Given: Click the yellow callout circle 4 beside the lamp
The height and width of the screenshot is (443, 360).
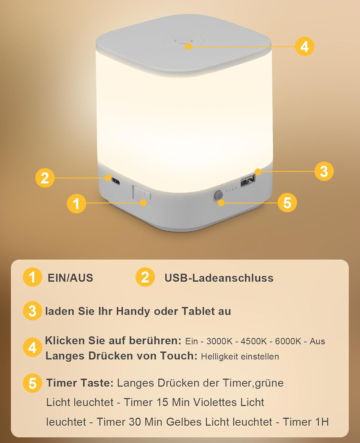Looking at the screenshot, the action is pos(304,47).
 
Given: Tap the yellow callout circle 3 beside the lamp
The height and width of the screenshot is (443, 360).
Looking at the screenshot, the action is pos(324,171).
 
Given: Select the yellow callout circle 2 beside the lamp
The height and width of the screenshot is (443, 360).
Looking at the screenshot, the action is pos(45,178).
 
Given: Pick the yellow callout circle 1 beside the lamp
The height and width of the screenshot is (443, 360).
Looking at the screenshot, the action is pos(76,203).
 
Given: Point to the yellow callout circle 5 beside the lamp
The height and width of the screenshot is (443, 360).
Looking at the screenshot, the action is pos(287,203).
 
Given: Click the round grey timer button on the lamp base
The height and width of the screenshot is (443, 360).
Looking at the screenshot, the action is pos(218,195).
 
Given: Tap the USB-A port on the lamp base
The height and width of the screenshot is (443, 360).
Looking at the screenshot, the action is pos(248,181).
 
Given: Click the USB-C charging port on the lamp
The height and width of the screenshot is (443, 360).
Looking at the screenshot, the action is pos(115,181).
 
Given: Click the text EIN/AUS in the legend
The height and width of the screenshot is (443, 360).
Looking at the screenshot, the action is pos(70,278).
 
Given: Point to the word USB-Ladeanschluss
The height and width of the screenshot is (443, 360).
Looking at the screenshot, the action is pos(219,278).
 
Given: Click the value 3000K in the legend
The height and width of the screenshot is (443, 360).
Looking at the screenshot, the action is pos(219,341).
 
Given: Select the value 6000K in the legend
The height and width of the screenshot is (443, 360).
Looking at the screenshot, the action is pos(288,341).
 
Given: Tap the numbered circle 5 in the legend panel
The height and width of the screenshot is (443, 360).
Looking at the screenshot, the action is pos(32,383).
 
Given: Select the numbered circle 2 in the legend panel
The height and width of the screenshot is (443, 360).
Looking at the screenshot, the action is pos(145,277).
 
